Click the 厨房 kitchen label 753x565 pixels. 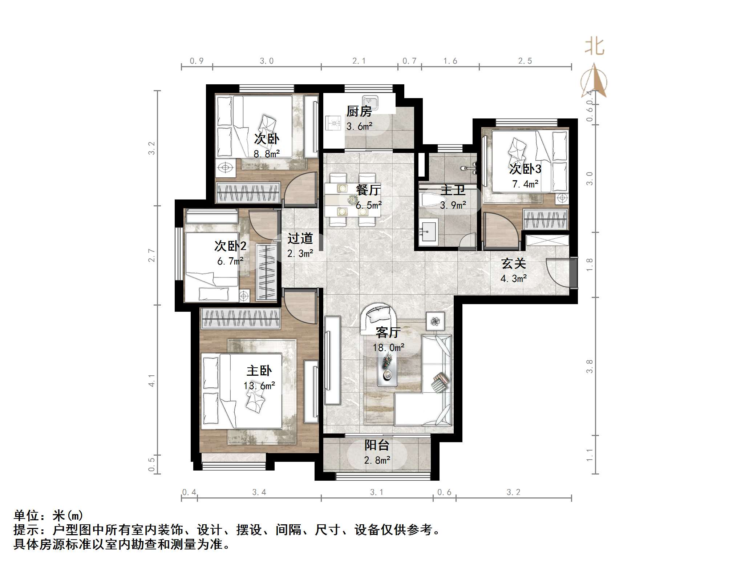[359, 112]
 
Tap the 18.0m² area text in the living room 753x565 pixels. [388, 348]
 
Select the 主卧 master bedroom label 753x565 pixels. [259, 371]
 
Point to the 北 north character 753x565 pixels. [594, 47]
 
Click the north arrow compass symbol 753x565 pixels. [594, 82]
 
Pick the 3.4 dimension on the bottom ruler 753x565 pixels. [259, 492]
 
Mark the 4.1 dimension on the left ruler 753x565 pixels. [151, 380]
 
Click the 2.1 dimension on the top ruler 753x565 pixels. [359, 61]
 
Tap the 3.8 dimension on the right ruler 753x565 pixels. [589, 366]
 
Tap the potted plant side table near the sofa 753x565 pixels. [435, 321]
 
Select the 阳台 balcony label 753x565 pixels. [377, 445]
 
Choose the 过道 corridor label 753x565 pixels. [300, 239]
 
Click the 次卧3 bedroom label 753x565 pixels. [525, 169]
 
